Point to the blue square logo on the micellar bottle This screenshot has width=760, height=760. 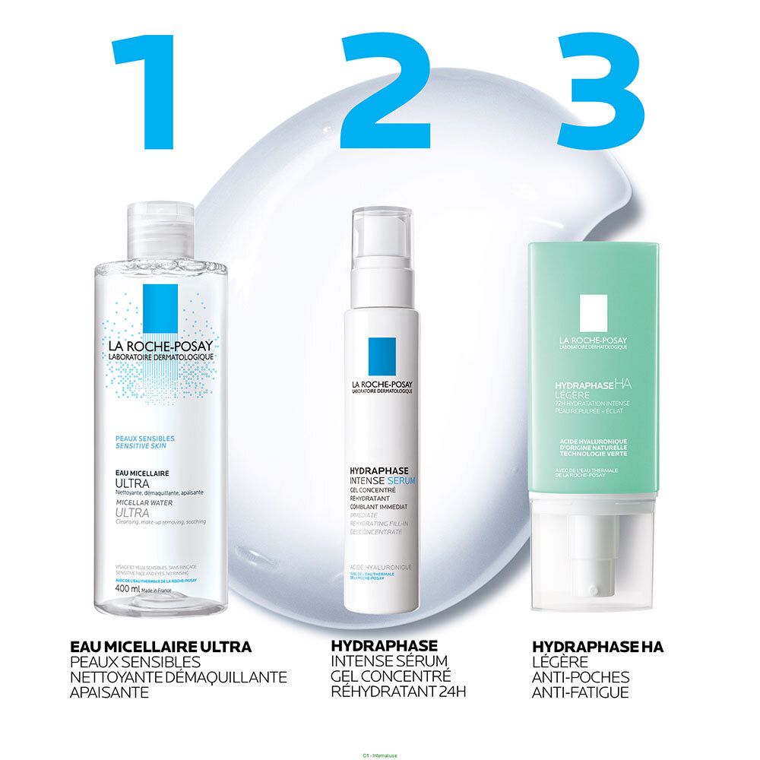[159, 308]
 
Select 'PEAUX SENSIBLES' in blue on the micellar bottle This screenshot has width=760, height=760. [144, 439]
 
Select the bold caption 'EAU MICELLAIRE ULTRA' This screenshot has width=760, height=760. [160, 647]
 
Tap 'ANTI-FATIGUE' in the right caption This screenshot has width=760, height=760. [581, 692]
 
